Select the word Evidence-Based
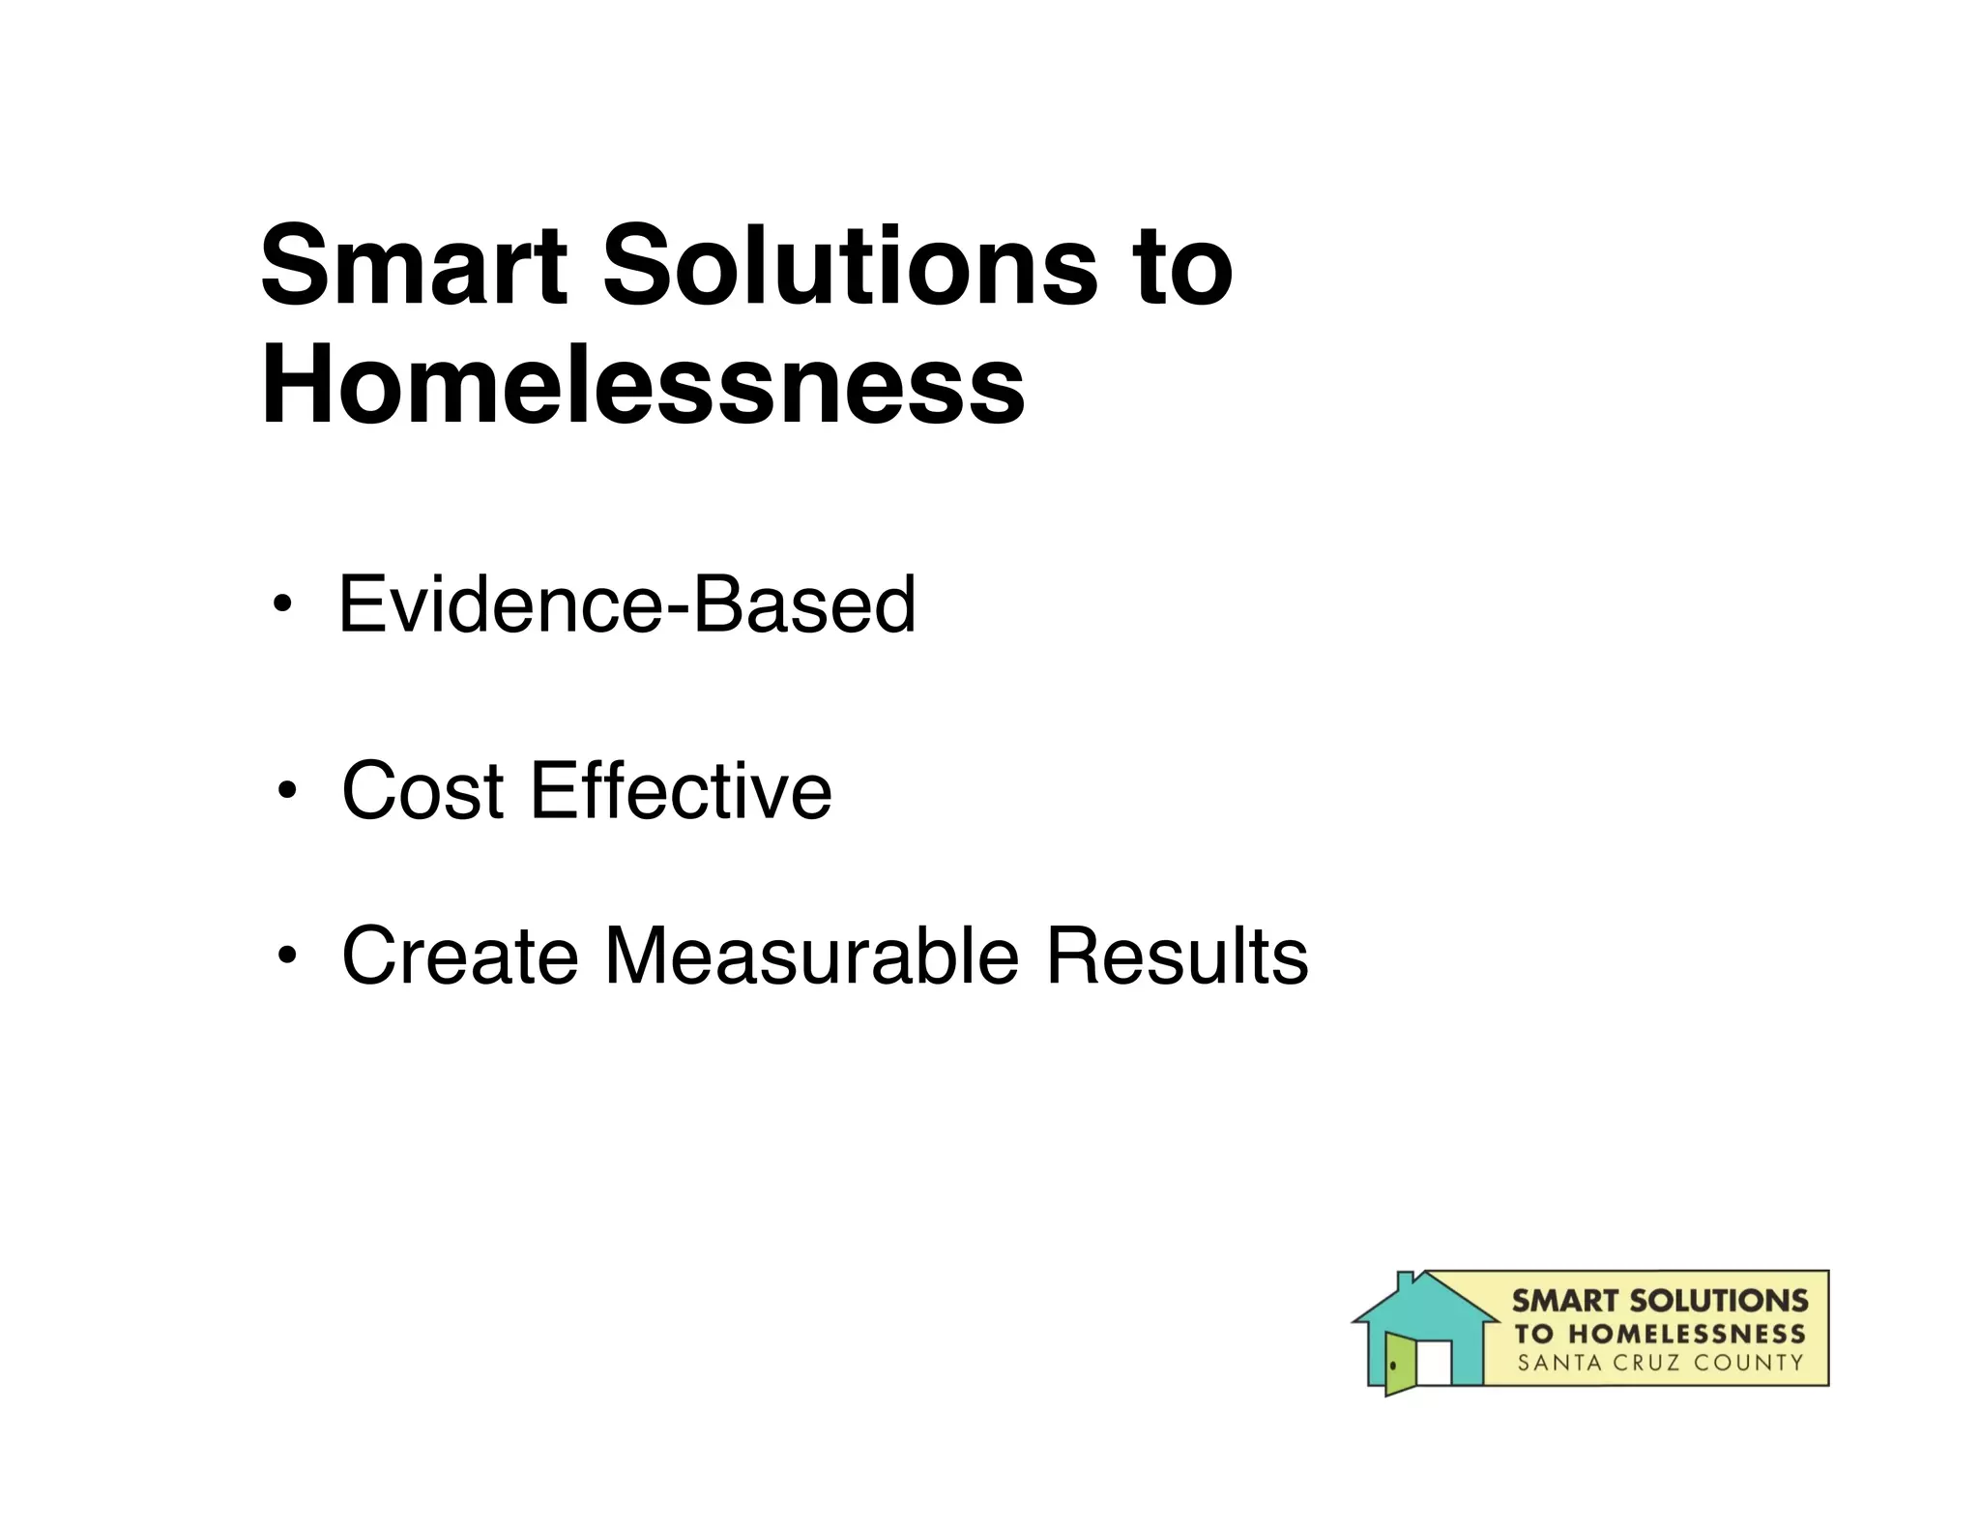(x=626, y=604)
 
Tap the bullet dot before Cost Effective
(x=286, y=792)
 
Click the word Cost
(x=422, y=791)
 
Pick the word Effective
(x=681, y=791)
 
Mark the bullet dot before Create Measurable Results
(x=286, y=956)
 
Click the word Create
(x=459, y=956)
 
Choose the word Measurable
(x=811, y=956)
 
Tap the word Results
(x=1177, y=956)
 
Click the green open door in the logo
(x=1399, y=1363)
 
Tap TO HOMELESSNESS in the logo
(x=1659, y=1334)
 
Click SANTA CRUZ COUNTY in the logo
(x=1659, y=1364)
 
